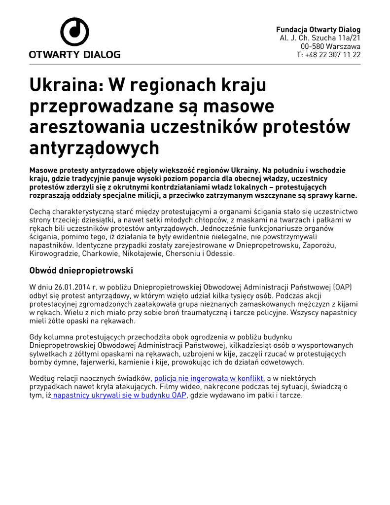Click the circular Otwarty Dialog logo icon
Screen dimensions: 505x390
pos(74,32)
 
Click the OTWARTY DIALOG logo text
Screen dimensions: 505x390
pos(74,54)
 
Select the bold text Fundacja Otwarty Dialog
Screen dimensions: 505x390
pos(318,30)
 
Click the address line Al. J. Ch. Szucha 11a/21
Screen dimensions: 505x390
pos(320,38)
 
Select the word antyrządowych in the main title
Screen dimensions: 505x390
pos(94,147)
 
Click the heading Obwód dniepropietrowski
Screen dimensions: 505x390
pos(81,271)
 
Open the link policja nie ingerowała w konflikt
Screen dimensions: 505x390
pos(210,378)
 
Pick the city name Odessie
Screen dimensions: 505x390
pos(220,254)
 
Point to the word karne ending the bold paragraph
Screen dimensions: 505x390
pos(345,195)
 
